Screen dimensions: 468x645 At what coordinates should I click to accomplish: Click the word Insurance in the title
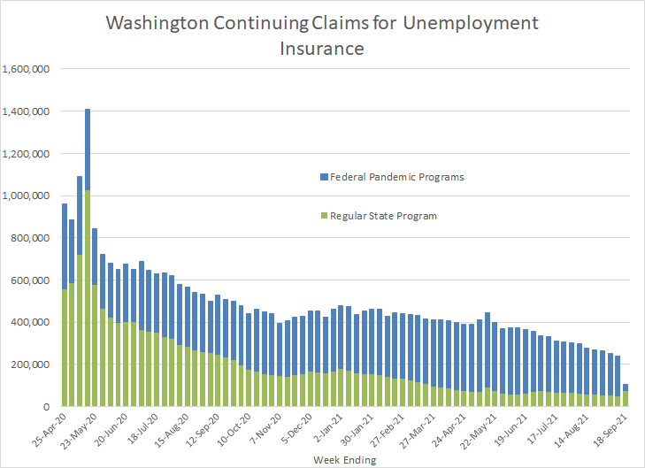point(322,49)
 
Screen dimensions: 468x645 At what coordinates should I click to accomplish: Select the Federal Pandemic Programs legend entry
point(395,177)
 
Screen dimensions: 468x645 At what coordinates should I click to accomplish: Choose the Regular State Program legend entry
point(383,216)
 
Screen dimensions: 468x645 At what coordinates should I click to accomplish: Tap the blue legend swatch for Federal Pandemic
point(322,177)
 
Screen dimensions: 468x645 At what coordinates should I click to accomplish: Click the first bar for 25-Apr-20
point(65,310)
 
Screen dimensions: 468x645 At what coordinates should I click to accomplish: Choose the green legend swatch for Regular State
point(322,216)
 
